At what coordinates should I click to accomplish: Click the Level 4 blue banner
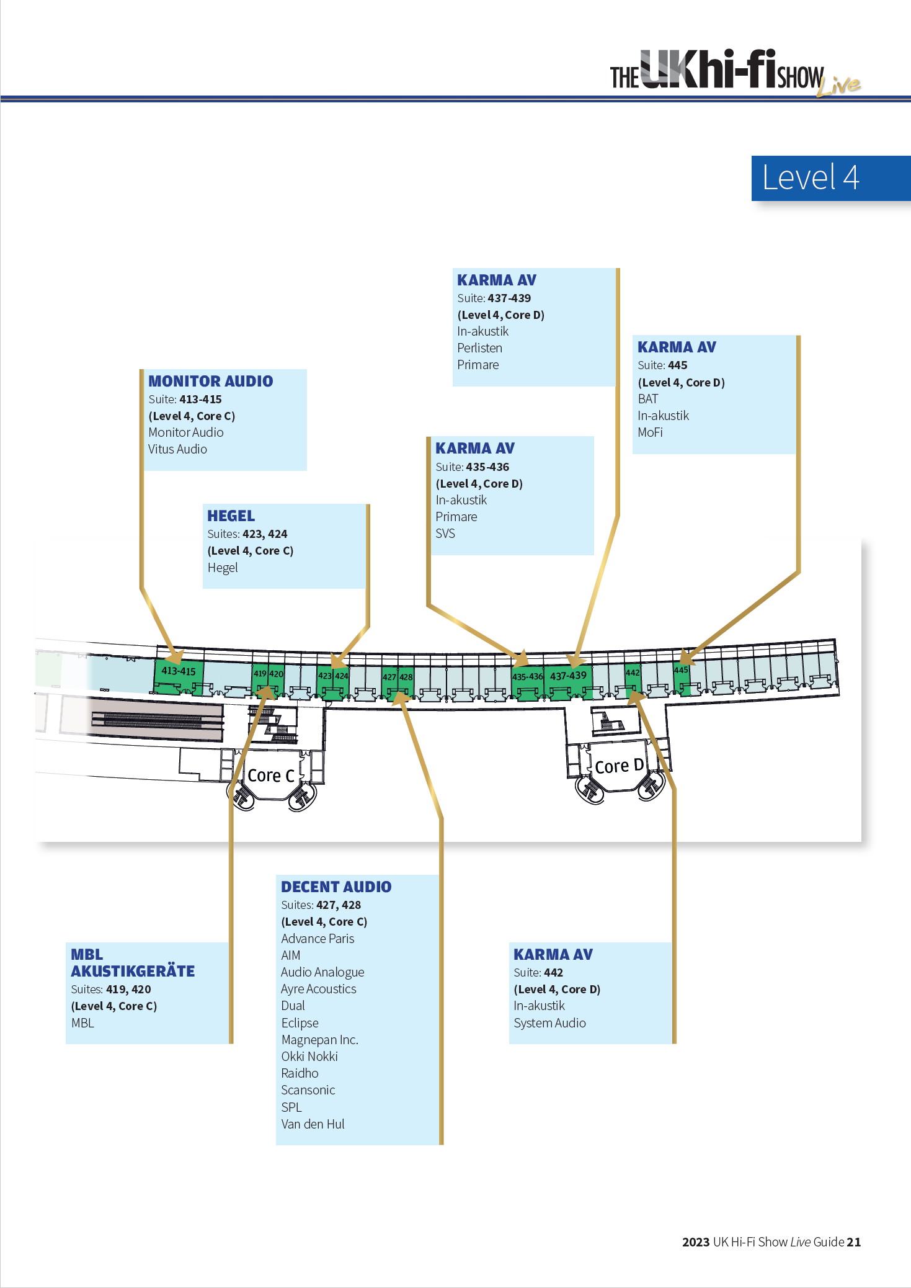831,178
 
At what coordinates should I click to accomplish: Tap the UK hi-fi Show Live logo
735,73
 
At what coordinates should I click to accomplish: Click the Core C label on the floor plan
270,776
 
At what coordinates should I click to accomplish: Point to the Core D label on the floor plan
619,766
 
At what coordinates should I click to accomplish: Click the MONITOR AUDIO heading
211,381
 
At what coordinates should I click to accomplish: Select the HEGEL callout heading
231,516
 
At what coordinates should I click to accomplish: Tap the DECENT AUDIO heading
336,887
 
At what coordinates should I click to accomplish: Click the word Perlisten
479,348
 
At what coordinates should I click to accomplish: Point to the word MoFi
650,432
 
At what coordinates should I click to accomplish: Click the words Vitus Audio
177,449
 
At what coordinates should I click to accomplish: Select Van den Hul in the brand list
313,1124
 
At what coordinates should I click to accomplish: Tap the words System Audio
549,1023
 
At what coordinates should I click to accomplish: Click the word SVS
445,534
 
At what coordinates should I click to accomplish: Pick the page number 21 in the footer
854,1241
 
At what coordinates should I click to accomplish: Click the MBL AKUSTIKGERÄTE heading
133,963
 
